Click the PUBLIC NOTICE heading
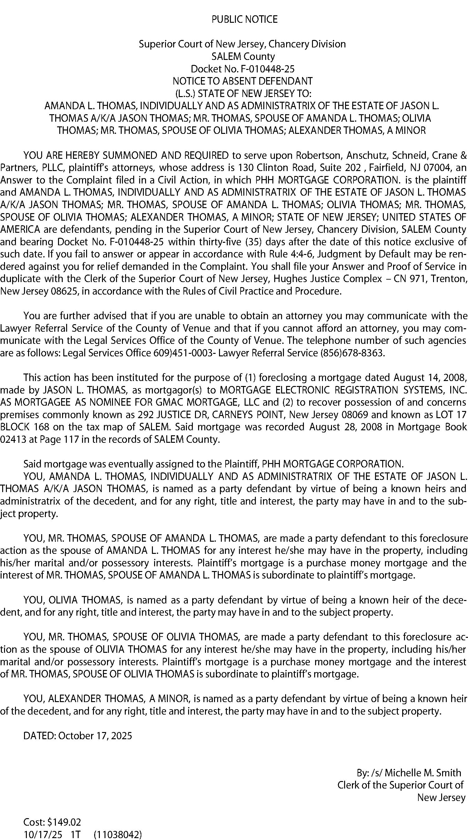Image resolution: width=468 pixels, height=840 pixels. pyautogui.click(x=244, y=20)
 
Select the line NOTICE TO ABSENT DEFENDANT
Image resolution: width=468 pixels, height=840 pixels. pyautogui.click(x=243, y=81)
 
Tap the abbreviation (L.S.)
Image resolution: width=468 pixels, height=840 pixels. pyautogui.click(x=185, y=94)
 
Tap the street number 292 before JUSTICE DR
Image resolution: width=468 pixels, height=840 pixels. pyautogui.click(x=145, y=415)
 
